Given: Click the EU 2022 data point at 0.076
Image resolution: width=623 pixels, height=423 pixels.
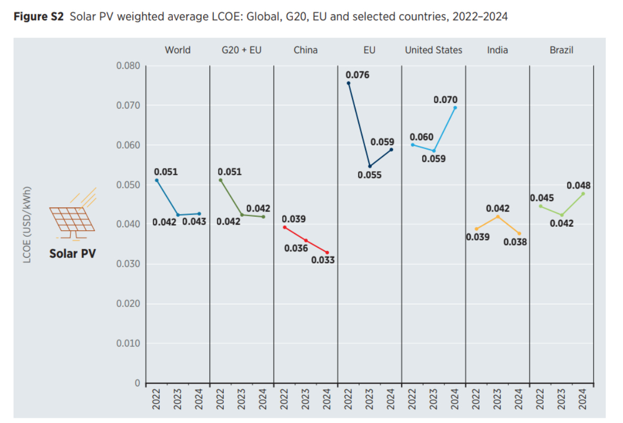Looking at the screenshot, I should pyautogui.click(x=348, y=83).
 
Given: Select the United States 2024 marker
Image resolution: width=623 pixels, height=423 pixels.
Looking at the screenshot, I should pyautogui.click(x=455, y=108).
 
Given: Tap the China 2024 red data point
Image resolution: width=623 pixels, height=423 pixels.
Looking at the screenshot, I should pyautogui.click(x=327, y=252).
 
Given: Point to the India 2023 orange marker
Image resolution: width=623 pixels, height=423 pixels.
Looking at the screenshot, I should pyautogui.click(x=497, y=216).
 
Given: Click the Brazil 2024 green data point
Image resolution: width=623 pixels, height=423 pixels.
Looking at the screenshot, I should pyautogui.click(x=583, y=194).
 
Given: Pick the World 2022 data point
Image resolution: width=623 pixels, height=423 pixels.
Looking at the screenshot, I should pyautogui.click(x=157, y=180).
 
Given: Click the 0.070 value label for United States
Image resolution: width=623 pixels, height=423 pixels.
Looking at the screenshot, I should pyautogui.click(x=445, y=99).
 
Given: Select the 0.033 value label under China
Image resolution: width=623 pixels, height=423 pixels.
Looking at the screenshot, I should pyautogui.click(x=323, y=260).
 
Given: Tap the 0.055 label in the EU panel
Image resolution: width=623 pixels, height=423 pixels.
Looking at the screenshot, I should pyautogui.click(x=369, y=175).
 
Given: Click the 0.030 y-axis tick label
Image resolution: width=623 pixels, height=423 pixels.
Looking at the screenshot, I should pyautogui.click(x=128, y=264).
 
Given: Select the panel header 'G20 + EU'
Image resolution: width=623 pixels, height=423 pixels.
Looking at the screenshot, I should pyautogui.click(x=241, y=50).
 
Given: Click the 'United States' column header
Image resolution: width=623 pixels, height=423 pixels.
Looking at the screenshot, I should pyautogui.click(x=433, y=50).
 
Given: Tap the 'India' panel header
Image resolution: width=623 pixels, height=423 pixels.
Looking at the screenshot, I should pyautogui.click(x=497, y=50).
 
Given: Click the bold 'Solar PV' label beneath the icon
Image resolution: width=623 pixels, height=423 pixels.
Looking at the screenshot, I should pyautogui.click(x=72, y=253).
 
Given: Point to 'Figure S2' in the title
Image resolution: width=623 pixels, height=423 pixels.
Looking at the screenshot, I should pyautogui.click(x=38, y=17).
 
